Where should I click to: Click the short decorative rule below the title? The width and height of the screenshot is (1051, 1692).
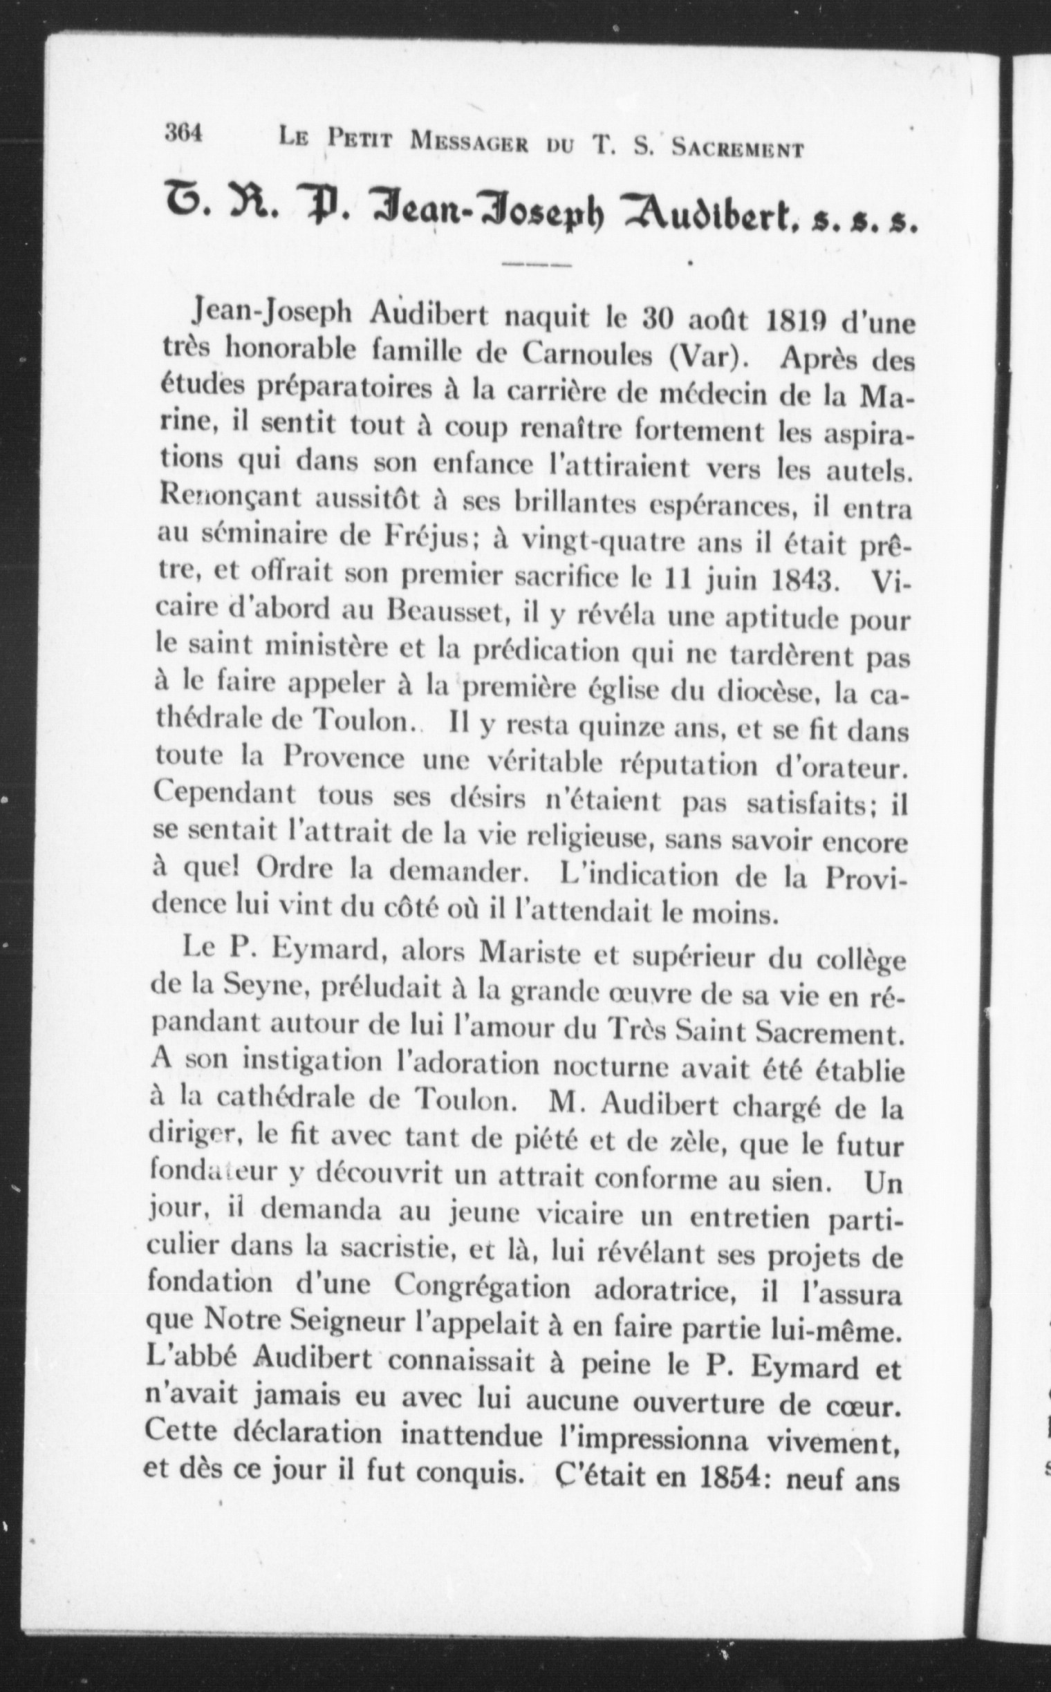pyautogui.click(x=536, y=265)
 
